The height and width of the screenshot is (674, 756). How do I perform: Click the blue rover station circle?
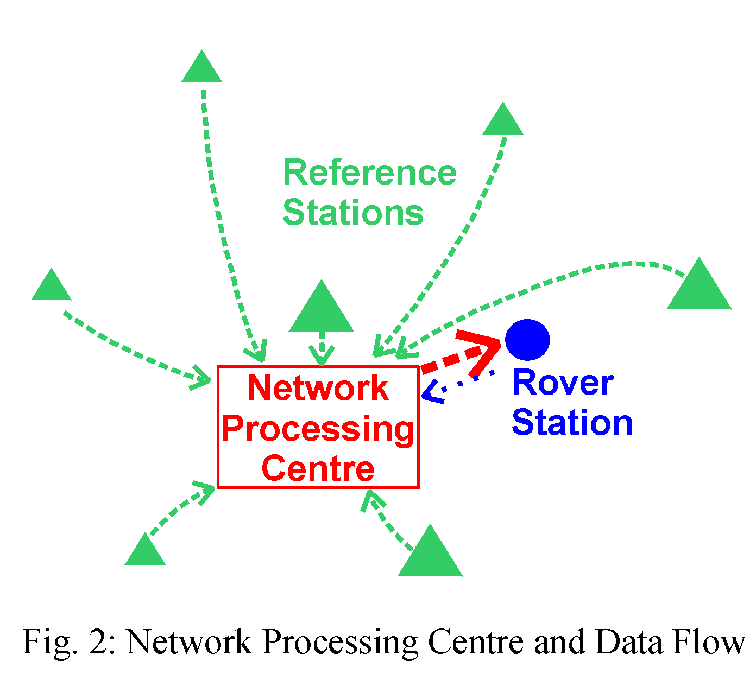(527, 340)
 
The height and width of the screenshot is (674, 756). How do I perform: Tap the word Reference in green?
(369, 173)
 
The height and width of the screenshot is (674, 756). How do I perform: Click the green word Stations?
(353, 212)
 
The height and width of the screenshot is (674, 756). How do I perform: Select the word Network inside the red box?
(318, 388)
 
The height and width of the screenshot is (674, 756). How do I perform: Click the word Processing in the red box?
(318, 429)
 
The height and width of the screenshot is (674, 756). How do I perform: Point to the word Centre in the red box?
(318, 468)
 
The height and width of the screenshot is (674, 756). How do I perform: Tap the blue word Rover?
(563, 383)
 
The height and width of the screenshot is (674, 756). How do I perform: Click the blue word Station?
(572, 423)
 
